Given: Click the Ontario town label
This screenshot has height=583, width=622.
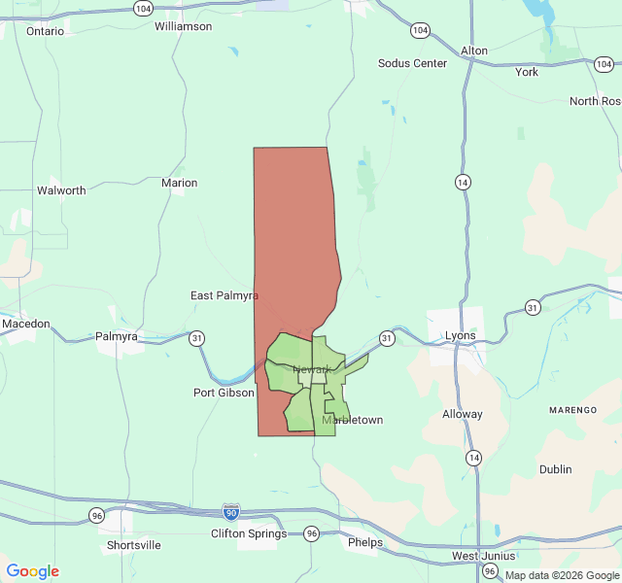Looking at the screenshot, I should click(45, 31).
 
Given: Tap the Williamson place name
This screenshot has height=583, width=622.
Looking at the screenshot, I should click(183, 26).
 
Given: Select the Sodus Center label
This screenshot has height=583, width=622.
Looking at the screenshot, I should click(412, 63).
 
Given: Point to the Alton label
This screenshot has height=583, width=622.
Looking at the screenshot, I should click(474, 51).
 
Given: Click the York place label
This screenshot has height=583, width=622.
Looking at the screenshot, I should click(527, 72).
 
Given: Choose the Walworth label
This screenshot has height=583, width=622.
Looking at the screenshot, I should click(61, 190).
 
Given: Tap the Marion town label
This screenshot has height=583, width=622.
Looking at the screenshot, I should click(179, 183).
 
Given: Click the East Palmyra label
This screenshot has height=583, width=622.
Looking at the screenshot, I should click(224, 295).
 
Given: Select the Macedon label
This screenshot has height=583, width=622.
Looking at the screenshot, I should click(25, 323).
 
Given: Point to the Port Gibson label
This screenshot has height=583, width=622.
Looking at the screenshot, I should click(224, 393).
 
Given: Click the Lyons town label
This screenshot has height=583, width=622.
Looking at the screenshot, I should click(461, 336).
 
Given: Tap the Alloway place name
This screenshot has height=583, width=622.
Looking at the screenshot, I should click(463, 414).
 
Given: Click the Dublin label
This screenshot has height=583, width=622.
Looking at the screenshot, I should click(556, 469).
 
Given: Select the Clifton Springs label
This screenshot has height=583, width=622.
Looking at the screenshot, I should click(249, 533).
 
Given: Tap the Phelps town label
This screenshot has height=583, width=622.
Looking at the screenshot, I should click(365, 542).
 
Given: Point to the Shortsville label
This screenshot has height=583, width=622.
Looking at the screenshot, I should click(134, 545).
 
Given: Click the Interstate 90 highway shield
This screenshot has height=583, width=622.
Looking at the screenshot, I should click(230, 511).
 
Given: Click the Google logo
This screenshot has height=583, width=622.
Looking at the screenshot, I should click(32, 571).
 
